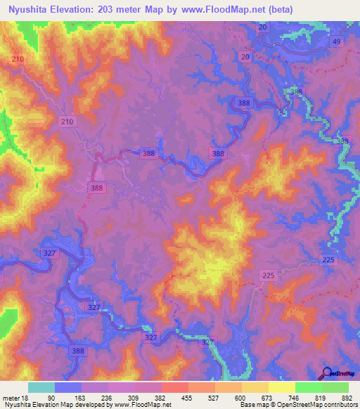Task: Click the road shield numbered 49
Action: click(337, 42)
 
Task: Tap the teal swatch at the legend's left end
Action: click(41, 387)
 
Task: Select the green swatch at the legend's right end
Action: click(335, 387)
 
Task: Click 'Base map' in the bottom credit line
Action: click(255, 405)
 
